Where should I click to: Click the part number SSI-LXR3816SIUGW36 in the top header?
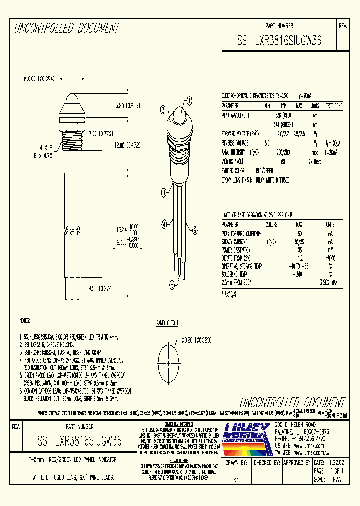[279, 42]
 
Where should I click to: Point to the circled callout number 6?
[195, 230]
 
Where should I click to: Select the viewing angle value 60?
[283, 161]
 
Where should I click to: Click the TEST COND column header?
[334, 106]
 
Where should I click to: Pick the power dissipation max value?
[299, 250]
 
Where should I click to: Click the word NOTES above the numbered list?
[25, 320]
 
